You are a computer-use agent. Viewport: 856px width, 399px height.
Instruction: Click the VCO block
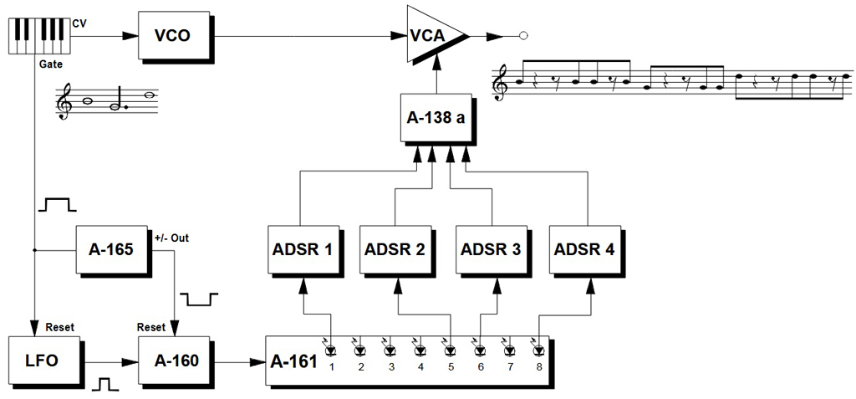[x=174, y=35]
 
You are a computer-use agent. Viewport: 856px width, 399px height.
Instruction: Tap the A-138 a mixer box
[x=436, y=117]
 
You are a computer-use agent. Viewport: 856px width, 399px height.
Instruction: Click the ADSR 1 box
[x=301, y=248]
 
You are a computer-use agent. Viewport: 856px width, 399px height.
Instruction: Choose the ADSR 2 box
[x=395, y=248]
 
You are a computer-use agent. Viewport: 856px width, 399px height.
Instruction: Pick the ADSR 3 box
[x=489, y=248]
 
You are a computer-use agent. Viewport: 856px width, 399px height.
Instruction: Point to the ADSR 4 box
[x=583, y=248]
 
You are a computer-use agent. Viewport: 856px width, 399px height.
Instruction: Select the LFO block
[x=43, y=360]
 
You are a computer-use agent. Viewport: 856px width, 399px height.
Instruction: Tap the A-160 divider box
[x=174, y=360]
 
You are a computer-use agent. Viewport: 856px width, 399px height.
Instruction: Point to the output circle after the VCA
[x=523, y=35]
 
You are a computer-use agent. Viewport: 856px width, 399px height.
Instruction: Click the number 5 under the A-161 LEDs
[x=449, y=367]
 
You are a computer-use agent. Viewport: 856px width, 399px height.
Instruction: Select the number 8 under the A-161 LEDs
[x=539, y=367]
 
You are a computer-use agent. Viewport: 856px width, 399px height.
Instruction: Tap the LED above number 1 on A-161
[x=331, y=350]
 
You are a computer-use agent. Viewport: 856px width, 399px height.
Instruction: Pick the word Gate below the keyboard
[x=50, y=64]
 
